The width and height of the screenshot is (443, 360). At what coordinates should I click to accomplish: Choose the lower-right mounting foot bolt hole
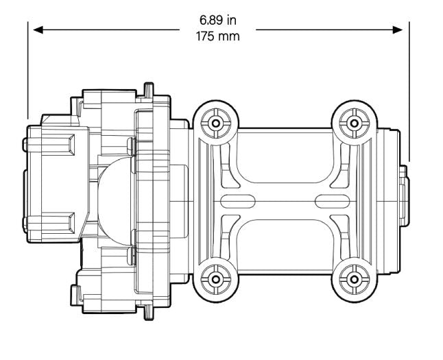click(x=354, y=278)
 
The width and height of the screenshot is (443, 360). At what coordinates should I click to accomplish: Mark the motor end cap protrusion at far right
click(x=405, y=200)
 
